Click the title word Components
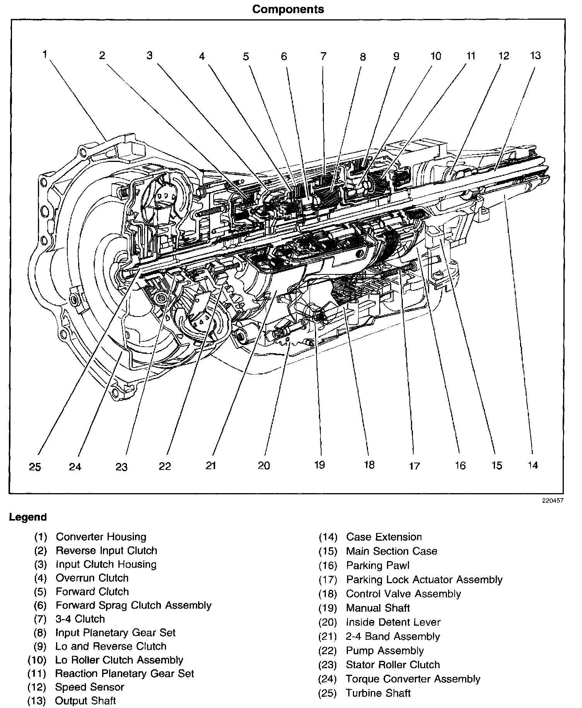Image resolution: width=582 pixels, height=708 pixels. (x=288, y=9)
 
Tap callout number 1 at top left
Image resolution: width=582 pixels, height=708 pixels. (x=45, y=54)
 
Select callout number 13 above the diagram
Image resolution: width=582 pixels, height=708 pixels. (x=535, y=56)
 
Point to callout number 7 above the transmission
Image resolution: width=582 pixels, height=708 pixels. (x=323, y=56)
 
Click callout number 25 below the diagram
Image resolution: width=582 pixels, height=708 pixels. (x=35, y=467)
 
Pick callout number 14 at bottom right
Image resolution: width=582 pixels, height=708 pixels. (x=533, y=465)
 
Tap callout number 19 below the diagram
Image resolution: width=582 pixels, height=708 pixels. (x=319, y=465)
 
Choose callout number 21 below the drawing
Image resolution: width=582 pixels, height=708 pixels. (x=211, y=466)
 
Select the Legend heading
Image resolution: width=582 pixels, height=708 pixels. (x=28, y=517)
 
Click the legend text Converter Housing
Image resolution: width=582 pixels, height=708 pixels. (x=101, y=537)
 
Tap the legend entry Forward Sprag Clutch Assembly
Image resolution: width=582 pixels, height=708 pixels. (x=134, y=605)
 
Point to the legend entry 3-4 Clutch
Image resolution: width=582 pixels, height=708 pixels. (x=80, y=619)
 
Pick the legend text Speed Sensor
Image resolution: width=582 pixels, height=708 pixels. (x=89, y=687)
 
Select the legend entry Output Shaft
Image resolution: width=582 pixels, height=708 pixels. (x=85, y=701)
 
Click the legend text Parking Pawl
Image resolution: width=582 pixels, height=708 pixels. (x=378, y=565)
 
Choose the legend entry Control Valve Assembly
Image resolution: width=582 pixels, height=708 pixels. (x=403, y=594)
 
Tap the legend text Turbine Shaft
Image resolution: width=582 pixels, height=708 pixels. (x=378, y=693)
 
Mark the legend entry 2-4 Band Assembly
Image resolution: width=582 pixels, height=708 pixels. (x=393, y=637)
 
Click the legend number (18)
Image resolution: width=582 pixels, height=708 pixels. (x=328, y=594)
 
